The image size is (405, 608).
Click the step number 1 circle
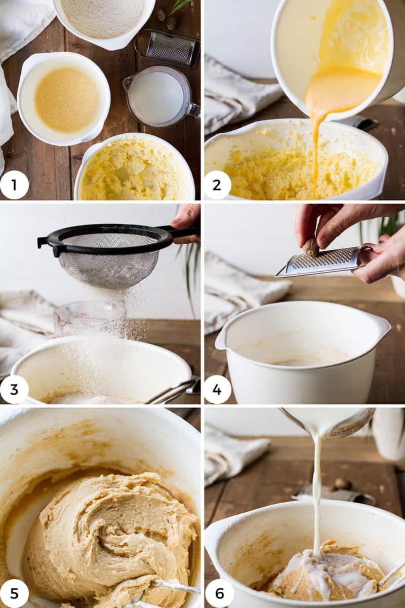tap(14, 185)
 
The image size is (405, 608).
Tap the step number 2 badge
tap(217, 185)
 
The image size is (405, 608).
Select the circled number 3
tap(14, 390)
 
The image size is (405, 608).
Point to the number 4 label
tap(217, 390)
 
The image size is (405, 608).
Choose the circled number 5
tap(14, 594)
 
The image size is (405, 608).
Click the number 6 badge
tap(219, 594)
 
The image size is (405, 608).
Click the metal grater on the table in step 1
tap(168, 48)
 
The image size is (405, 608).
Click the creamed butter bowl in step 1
tap(135, 167)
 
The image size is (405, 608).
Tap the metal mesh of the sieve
tap(108, 260)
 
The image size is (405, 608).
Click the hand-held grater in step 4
tap(323, 262)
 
